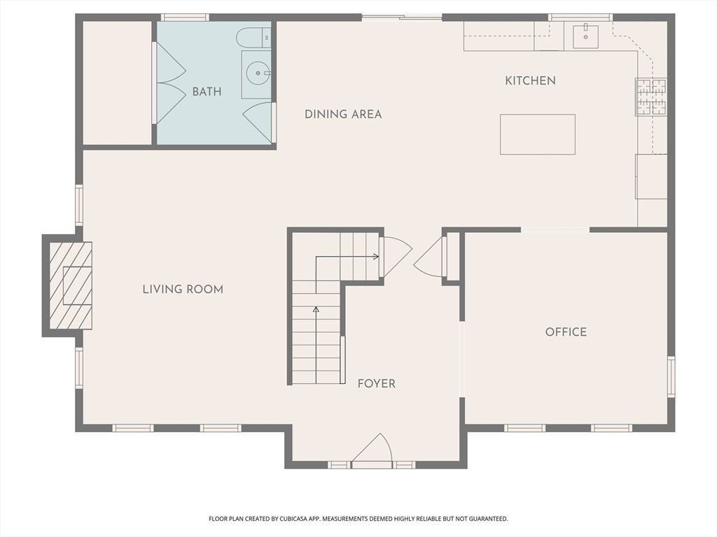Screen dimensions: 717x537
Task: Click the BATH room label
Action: (207, 92)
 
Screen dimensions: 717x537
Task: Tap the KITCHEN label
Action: (531, 81)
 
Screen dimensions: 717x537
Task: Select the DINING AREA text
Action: (343, 114)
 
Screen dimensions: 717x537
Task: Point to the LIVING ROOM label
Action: (183, 289)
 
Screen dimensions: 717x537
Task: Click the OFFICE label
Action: (566, 332)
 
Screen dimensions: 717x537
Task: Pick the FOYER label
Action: (376, 384)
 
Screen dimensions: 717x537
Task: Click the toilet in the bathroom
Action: (253, 38)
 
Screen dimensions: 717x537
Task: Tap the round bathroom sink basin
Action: (258, 73)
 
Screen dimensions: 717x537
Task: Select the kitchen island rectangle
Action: (537, 134)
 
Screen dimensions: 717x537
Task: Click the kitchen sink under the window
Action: (585, 36)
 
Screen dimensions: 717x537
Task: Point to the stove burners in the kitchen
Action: (651, 97)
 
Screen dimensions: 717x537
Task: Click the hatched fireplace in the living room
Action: (71, 285)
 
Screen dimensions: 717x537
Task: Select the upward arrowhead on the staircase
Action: (316, 310)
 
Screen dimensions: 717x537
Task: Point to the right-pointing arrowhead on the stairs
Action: (376, 257)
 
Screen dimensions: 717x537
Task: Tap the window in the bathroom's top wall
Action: (185, 17)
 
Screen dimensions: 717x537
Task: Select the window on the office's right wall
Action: (671, 377)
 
